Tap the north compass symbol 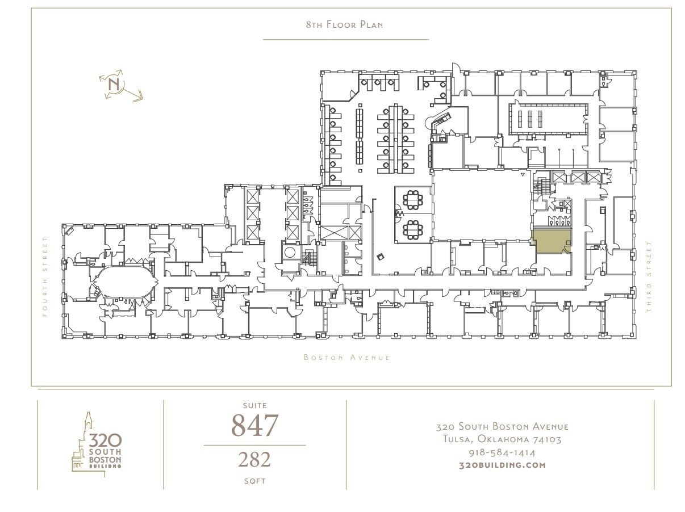[115, 85]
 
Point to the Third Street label [649, 276]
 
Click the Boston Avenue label [347, 358]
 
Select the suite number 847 [254, 426]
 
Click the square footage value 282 [254, 459]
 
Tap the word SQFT [254, 481]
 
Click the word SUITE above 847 [254, 406]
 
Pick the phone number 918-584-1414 [502, 452]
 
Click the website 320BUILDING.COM [502, 465]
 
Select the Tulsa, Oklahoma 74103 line [502, 439]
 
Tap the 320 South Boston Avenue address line [502, 427]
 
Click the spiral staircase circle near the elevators [290, 252]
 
